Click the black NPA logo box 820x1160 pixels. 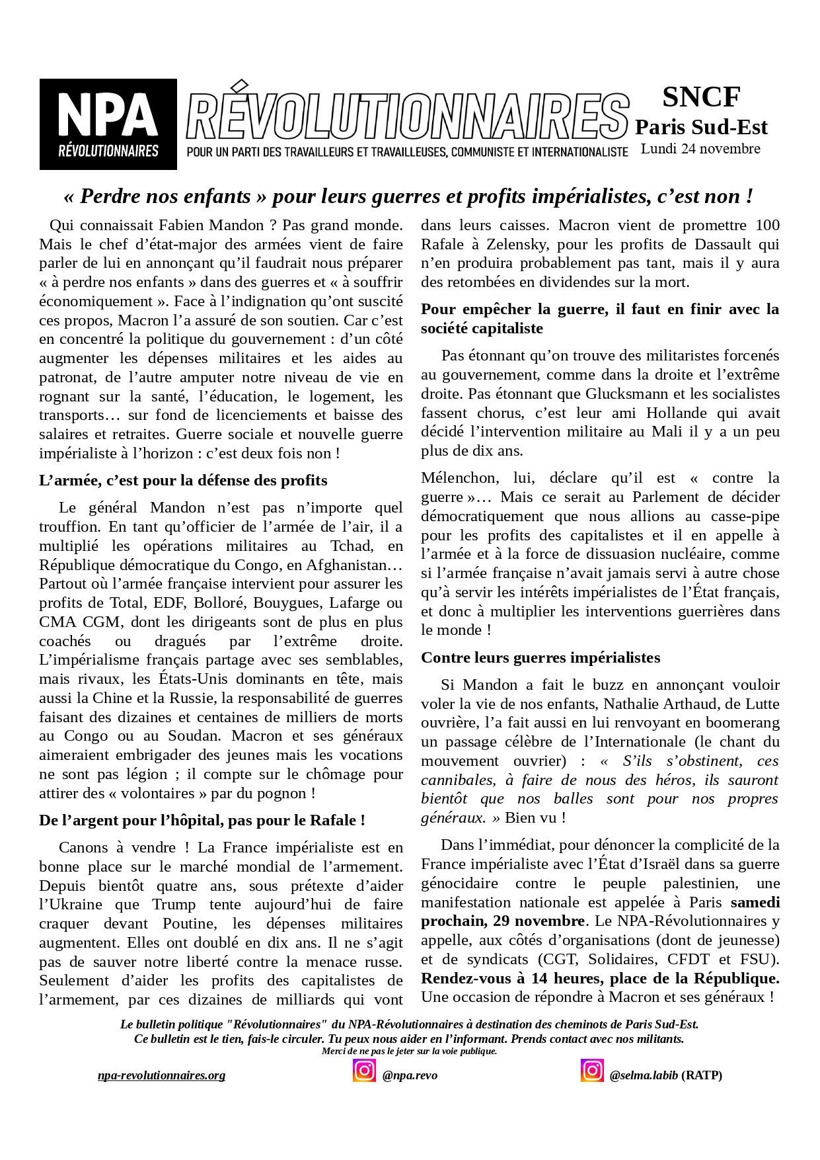(x=108, y=124)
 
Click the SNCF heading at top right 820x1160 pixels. (x=701, y=97)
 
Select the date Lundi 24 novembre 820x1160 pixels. (x=700, y=149)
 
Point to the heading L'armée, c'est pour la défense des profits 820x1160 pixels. (x=183, y=481)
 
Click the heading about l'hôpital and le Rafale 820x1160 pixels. (x=202, y=821)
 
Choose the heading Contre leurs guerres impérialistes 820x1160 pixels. (x=540, y=658)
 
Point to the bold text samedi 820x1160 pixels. (x=755, y=903)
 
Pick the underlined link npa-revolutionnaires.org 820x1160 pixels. (x=161, y=1075)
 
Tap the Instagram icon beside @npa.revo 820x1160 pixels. (x=364, y=1071)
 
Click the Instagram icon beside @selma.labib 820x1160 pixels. (x=592, y=1071)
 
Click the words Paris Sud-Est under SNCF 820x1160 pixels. (x=701, y=127)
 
